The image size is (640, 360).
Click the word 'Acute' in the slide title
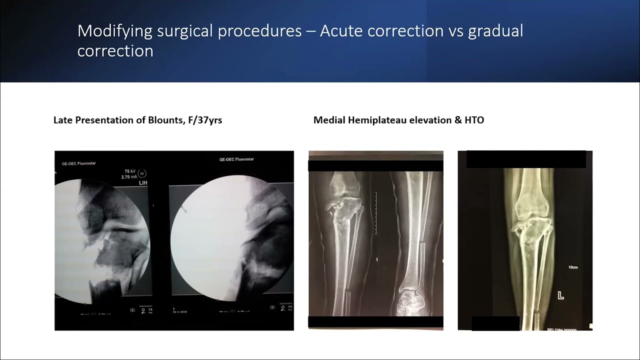pyautogui.click(x=341, y=31)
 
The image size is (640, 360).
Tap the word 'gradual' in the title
pyautogui.click(x=495, y=31)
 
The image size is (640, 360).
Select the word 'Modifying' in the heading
pyautogui.click(x=114, y=31)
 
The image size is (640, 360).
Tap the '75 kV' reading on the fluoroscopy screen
pyautogui.click(x=131, y=171)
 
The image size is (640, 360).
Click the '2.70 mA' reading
pyautogui.click(x=129, y=177)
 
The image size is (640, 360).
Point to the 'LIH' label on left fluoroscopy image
pyautogui.click(x=142, y=183)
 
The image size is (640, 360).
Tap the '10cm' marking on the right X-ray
pyautogui.click(x=572, y=267)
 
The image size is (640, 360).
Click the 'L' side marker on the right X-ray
pyautogui.click(x=560, y=295)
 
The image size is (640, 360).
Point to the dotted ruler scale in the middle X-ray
pyautogui.click(x=375, y=212)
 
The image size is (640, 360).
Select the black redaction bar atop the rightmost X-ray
pyautogui.click(x=525, y=159)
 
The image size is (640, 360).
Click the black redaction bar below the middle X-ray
pyautogui.click(x=375, y=322)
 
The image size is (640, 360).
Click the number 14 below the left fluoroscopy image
pyautogui.click(x=150, y=310)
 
